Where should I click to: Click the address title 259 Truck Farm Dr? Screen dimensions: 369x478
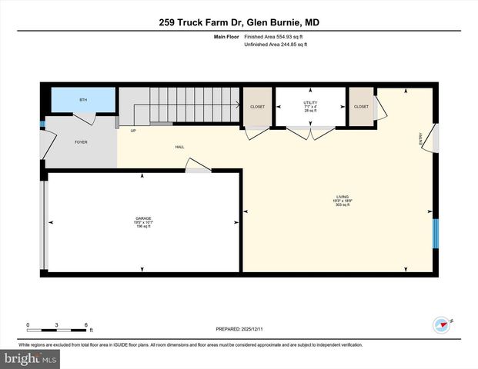pos(239,22)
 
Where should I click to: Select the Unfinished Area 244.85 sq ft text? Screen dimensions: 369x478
pos(276,45)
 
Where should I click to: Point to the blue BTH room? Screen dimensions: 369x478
pos(83,101)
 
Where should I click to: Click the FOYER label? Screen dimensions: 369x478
pos(81,143)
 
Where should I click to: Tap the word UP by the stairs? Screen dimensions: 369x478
pos(133,130)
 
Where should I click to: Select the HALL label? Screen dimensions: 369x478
pos(179,146)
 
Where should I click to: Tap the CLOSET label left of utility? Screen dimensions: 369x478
pos(257,106)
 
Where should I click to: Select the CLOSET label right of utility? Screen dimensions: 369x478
pos(361,106)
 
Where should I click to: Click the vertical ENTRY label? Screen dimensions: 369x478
pos(420,139)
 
